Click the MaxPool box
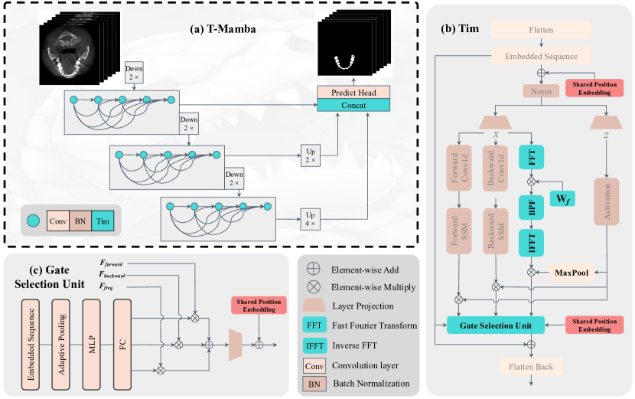(573, 272)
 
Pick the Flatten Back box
(542, 366)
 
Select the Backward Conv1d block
(495, 167)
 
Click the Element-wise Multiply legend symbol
(314, 289)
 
